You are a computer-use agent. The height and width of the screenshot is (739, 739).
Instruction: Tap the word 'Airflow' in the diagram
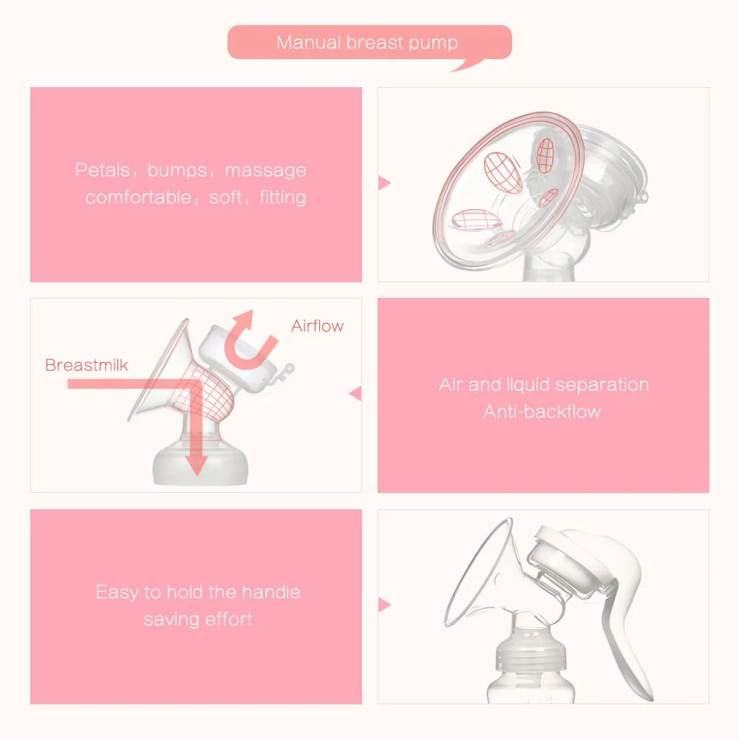(x=317, y=326)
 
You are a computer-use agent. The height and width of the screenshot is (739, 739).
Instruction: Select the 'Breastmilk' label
(x=86, y=365)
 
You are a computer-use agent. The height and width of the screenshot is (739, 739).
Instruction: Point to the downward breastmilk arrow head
(x=196, y=465)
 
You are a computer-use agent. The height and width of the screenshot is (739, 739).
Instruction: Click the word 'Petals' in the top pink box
(x=102, y=171)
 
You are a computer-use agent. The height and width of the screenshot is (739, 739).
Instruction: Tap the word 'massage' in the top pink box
(x=265, y=171)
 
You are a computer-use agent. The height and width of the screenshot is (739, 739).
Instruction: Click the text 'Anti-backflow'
(x=542, y=412)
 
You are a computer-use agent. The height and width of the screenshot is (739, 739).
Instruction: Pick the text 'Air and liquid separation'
(x=543, y=385)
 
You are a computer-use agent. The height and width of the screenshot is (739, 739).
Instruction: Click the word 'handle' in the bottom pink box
(x=263, y=592)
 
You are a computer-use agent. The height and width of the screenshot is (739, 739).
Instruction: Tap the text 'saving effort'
(x=198, y=619)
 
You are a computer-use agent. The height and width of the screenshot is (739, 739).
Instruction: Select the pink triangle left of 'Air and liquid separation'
(x=354, y=394)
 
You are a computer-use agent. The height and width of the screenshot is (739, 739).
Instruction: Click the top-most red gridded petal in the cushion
(x=545, y=156)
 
